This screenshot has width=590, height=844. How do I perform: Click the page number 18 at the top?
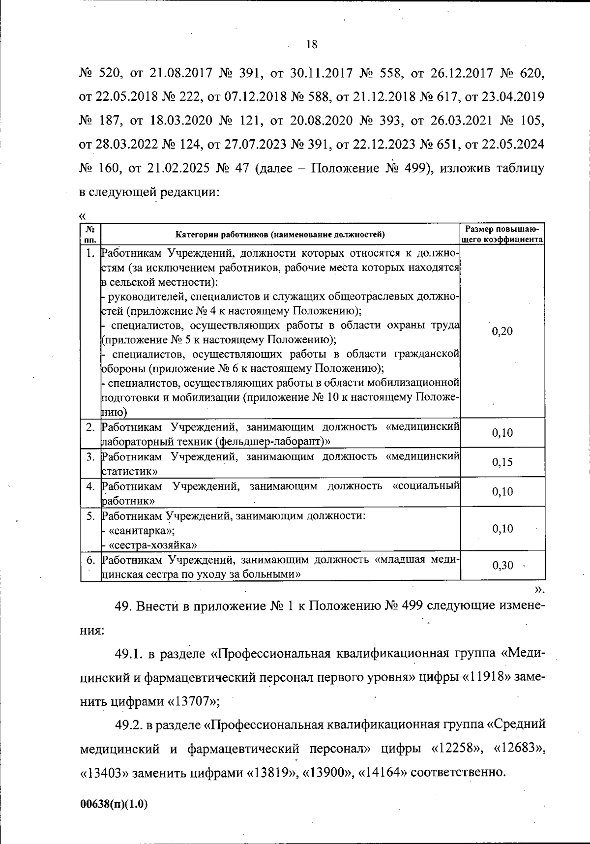311,45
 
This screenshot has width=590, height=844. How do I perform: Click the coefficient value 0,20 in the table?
502,331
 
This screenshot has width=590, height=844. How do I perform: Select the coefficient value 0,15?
502,462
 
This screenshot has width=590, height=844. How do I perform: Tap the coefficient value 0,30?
502,566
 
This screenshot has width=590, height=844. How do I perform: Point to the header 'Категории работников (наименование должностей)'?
280,235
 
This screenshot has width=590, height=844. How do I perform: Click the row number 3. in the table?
90,456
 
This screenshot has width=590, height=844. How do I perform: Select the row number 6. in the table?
90,560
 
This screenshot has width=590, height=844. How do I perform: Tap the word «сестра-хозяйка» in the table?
153,545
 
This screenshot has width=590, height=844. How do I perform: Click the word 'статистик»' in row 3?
129,471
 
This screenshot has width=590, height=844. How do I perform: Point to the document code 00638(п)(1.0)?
114,803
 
